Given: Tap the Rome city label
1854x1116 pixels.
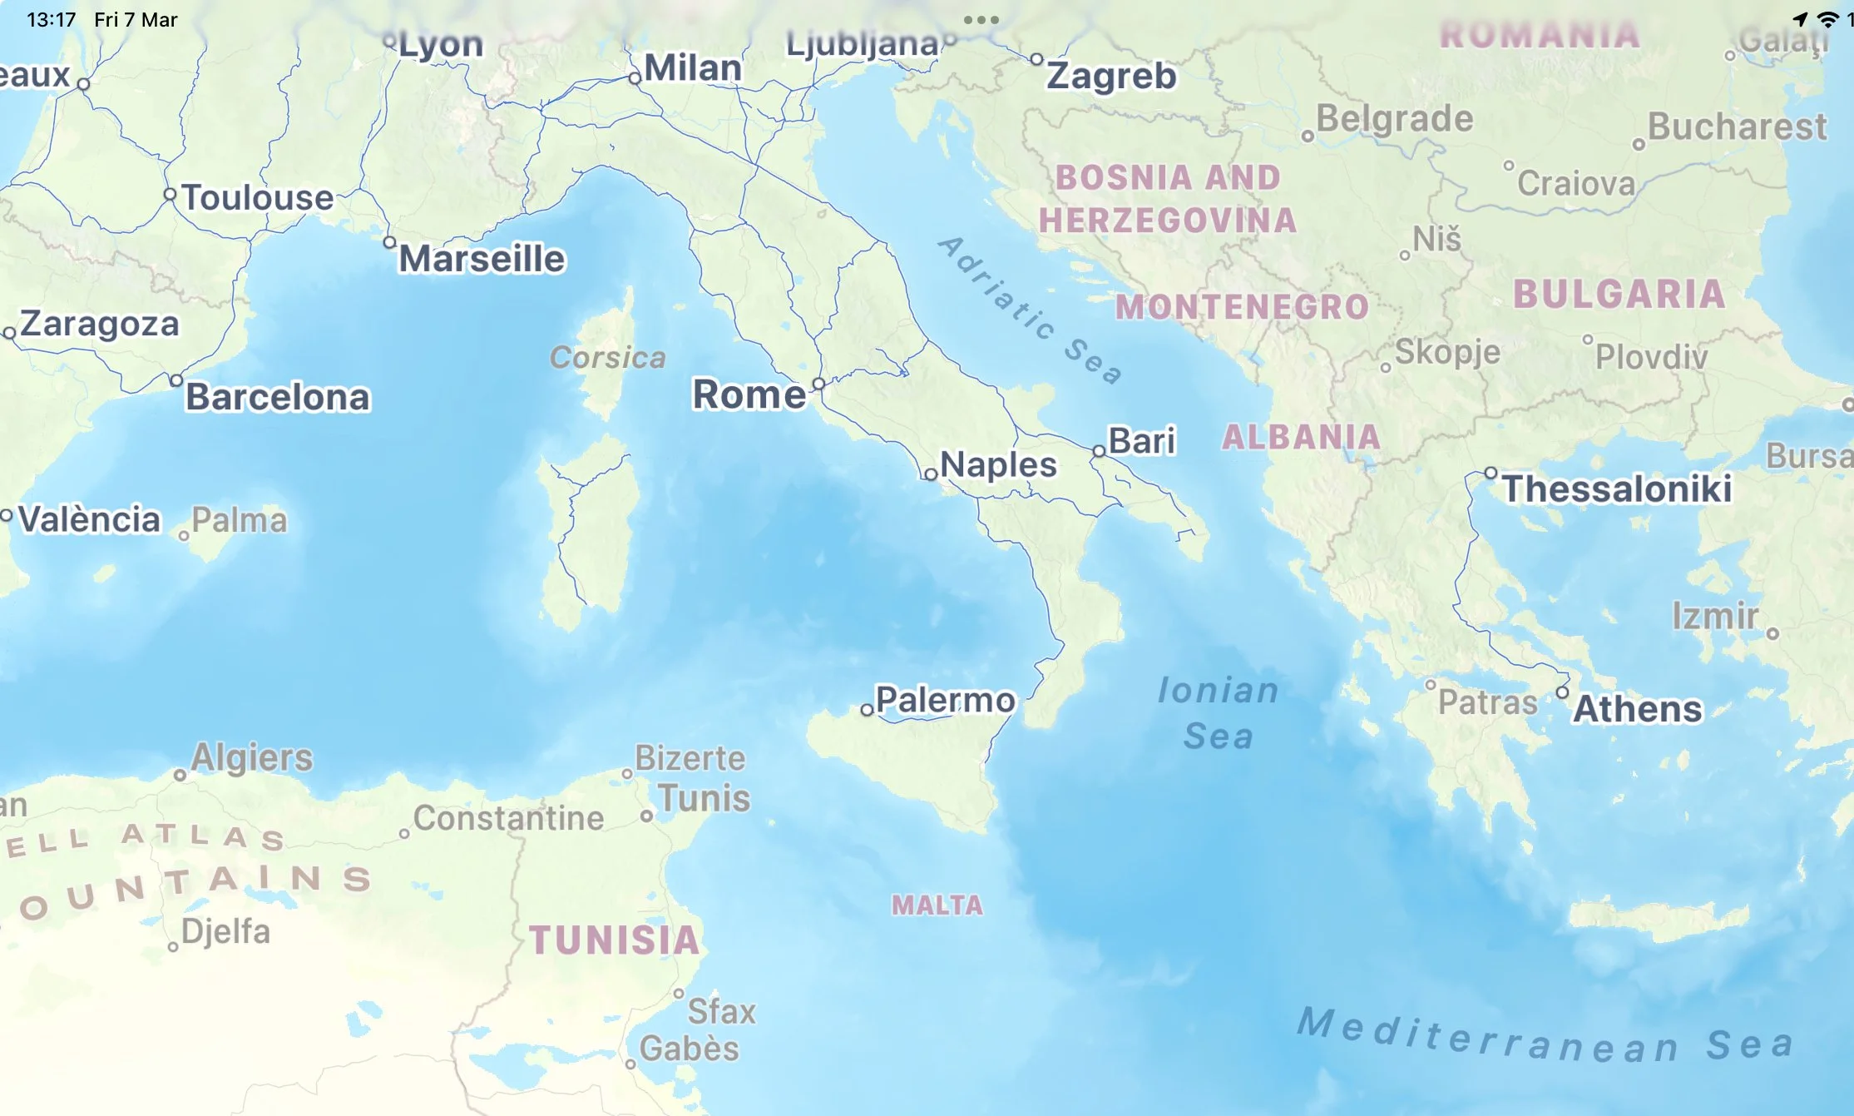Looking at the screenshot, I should pos(749,394).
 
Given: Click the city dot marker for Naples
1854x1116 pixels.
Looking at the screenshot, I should pos(931,474).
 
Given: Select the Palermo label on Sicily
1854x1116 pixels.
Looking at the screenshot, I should pos(945,700).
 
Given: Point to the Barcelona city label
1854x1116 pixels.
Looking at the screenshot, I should pos(277,397).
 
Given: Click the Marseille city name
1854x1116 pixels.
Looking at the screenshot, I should pos(482,259).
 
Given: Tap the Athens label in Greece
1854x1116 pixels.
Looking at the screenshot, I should pos(1637,709).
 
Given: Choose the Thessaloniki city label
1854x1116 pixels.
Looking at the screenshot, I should pos(1616,489).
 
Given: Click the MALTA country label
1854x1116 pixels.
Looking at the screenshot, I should pos(937,905).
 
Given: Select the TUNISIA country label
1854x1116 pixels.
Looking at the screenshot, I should pos(615,940).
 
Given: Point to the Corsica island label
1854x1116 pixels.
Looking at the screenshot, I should pos(608,358).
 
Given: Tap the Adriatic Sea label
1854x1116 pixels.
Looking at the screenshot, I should pos(1030,310).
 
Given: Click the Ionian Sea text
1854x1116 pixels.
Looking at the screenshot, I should pos(1218,712).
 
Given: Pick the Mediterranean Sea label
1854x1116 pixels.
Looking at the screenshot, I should pos(1545,1036).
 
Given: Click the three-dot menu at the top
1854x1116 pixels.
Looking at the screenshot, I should pos(981,20).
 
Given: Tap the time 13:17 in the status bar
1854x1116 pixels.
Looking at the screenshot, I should pos(52,20).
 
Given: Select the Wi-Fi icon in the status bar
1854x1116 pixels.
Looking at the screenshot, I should pos(1827,19).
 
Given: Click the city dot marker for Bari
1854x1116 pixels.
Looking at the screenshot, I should pos(1099,451).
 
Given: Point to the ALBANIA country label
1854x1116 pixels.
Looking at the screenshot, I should pos(1301,437).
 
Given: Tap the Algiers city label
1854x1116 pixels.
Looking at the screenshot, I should pos(251,757).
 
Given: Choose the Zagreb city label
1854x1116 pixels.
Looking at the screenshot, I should pos(1111,76).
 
